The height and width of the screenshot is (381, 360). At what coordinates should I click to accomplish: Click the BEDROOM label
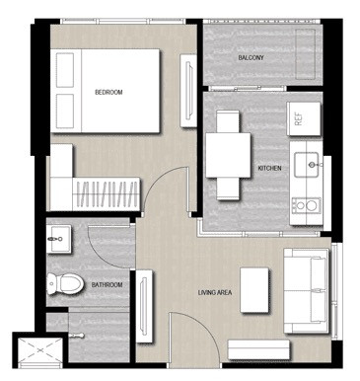pyautogui.click(x=108, y=93)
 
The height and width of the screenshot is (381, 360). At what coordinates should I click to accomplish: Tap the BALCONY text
pyautogui.click(x=251, y=58)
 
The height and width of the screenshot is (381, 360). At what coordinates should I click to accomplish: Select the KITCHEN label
pyautogui.click(x=269, y=168)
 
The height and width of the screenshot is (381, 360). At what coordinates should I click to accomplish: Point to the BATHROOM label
pyautogui.click(x=107, y=285)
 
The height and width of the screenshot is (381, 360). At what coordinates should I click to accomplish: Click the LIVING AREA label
pyautogui.click(x=215, y=292)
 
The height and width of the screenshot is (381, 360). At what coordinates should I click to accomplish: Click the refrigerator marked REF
pyautogui.click(x=304, y=118)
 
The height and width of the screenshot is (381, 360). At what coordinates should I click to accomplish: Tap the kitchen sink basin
pyautogui.click(x=306, y=165)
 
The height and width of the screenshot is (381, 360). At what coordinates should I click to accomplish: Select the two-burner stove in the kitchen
pyautogui.click(x=306, y=206)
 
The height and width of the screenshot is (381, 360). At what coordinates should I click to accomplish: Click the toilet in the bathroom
pyautogui.click(x=65, y=284)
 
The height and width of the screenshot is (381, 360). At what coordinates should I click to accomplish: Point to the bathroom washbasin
pyautogui.click(x=58, y=239)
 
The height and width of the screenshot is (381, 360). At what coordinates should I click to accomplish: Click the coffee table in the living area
pyautogui.click(x=254, y=290)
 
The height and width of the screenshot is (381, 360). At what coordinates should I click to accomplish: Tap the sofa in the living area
pyautogui.click(x=306, y=290)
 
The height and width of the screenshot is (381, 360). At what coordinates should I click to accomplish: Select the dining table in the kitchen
pyautogui.click(x=228, y=155)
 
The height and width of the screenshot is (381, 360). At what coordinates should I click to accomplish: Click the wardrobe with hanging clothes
pyautogui.click(x=106, y=194)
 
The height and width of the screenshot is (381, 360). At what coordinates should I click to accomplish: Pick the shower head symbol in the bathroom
pyautogui.click(x=77, y=336)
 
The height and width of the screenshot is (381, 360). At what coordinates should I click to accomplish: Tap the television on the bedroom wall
pyautogui.click(x=189, y=91)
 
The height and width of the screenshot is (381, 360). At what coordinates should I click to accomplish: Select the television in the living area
pyautogui.click(x=143, y=306)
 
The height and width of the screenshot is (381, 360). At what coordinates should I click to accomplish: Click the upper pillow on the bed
pyautogui.click(x=65, y=70)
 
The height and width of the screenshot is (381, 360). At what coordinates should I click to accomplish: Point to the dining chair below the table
pyautogui.click(x=228, y=189)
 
